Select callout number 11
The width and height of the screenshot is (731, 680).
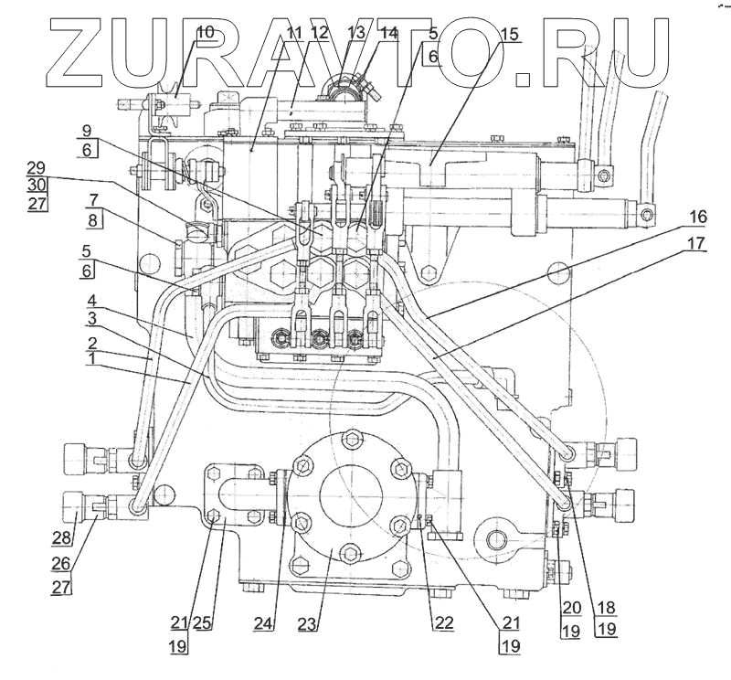click(x=294, y=33)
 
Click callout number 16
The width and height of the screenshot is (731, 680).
click(x=697, y=217)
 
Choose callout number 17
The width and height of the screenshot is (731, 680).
click(x=697, y=244)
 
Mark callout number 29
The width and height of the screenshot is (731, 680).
click(x=36, y=167)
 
